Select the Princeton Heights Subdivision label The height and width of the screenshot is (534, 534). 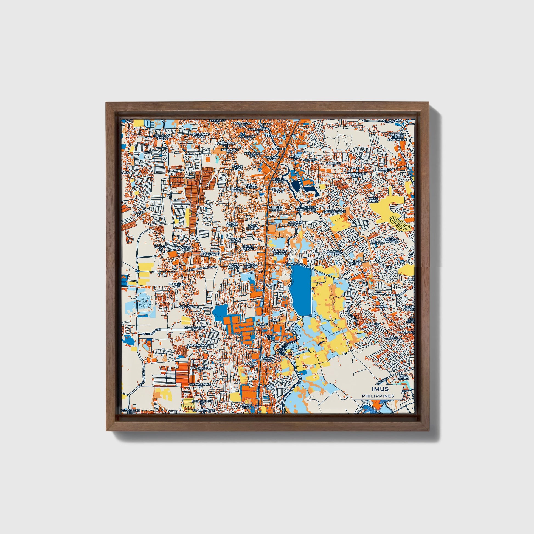(x=397, y=137)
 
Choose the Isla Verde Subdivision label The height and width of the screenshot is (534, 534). (x=306, y=208)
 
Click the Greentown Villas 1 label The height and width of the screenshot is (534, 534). (x=357, y=175)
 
